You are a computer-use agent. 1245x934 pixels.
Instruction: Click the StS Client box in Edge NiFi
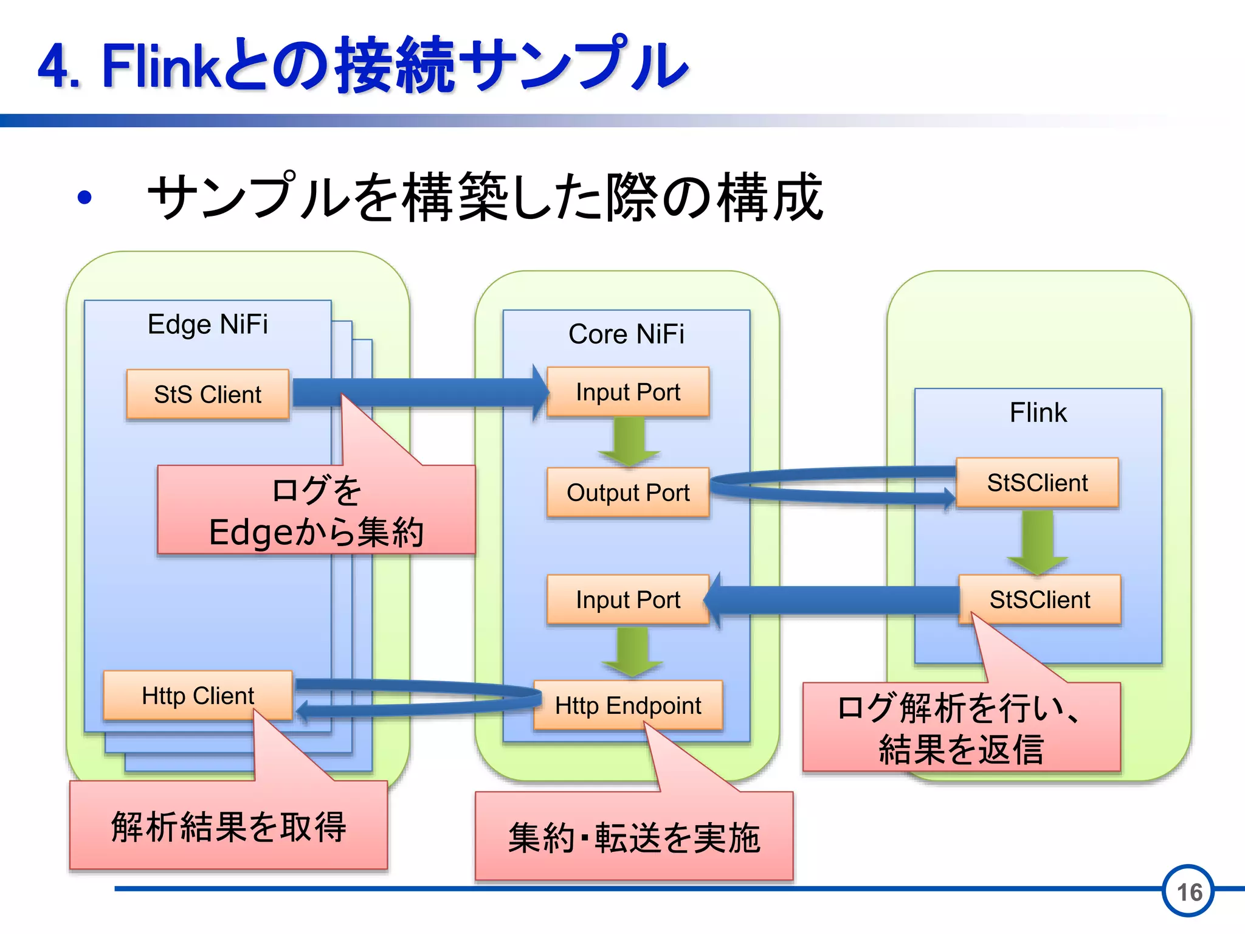[x=207, y=394]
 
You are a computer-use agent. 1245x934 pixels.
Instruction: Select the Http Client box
[x=198, y=696]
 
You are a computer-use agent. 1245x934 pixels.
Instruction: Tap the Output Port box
[x=627, y=493]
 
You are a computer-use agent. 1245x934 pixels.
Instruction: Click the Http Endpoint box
[x=627, y=705]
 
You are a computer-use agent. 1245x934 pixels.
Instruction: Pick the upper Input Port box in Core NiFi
[x=627, y=392]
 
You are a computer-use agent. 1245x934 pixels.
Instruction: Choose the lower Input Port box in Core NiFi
[x=627, y=600]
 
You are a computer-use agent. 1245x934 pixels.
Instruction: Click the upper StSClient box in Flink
[x=1037, y=483]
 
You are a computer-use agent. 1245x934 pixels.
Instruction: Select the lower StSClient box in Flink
[x=1040, y=600]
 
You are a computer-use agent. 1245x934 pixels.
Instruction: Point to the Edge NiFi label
[x=207, y=324]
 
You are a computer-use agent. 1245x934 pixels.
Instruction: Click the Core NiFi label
[x=626, y=334]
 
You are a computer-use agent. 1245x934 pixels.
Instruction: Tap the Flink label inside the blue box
[x=1038, y=412]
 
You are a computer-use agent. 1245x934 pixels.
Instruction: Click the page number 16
[x=1188, y=891]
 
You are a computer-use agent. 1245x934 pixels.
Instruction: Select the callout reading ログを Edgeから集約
[x=316, y=511]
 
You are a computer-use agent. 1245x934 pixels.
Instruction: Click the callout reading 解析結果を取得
[x=228, y=827]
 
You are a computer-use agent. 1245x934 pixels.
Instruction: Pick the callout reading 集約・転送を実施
[x=633, y=837]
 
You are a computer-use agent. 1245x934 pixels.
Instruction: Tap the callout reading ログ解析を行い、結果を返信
[x=960, y=728]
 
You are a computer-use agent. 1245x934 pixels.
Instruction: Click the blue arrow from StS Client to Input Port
[x=419, y=392]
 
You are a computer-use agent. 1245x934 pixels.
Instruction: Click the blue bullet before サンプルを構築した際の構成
[x=84, y=198]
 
